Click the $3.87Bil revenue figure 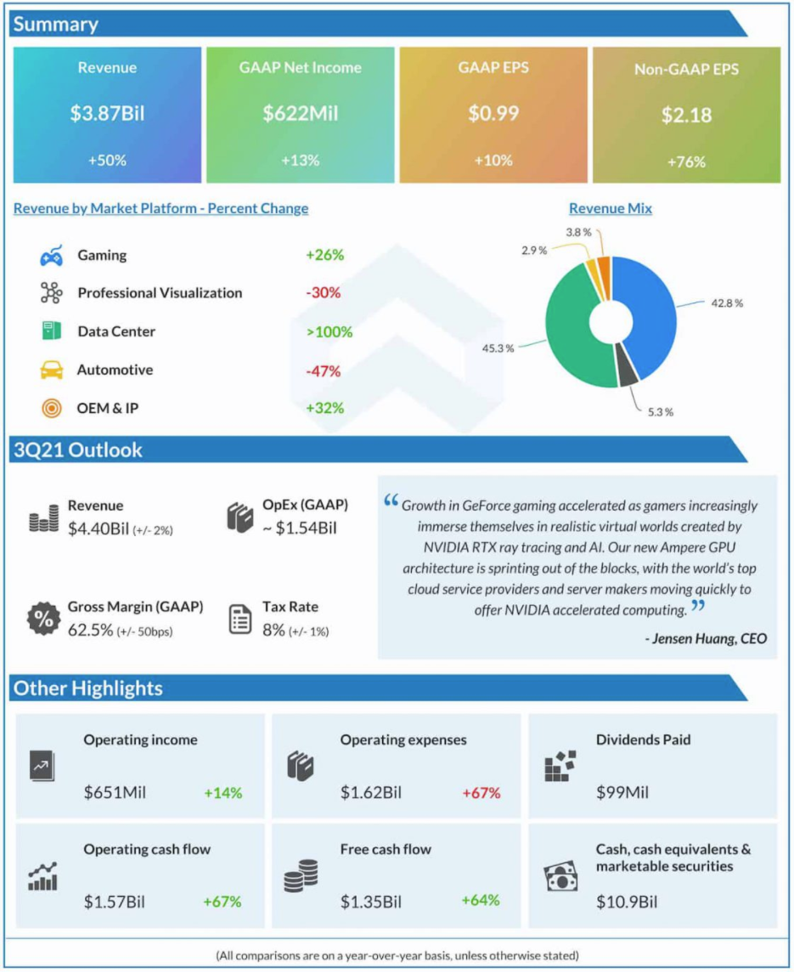tap(107, 114)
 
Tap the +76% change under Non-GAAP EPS tap(686, 161)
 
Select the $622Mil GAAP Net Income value tap(301, 114)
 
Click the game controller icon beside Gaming tap(52, 256)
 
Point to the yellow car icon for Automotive tap(52, 370)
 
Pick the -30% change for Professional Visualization tap(324, 292)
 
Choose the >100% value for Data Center tap(329, 331)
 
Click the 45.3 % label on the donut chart tap(498, 348)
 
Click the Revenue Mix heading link tap(610, 208)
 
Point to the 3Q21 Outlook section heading tap(78, 449)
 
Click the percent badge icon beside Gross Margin tap(43, 618)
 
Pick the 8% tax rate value tap(273, 630)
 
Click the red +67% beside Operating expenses tap(481, 793)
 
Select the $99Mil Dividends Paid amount tap(622, 792)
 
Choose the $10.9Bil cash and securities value tap(626, 902)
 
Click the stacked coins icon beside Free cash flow tap(301, 875)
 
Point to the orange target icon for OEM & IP tap(52, 409)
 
